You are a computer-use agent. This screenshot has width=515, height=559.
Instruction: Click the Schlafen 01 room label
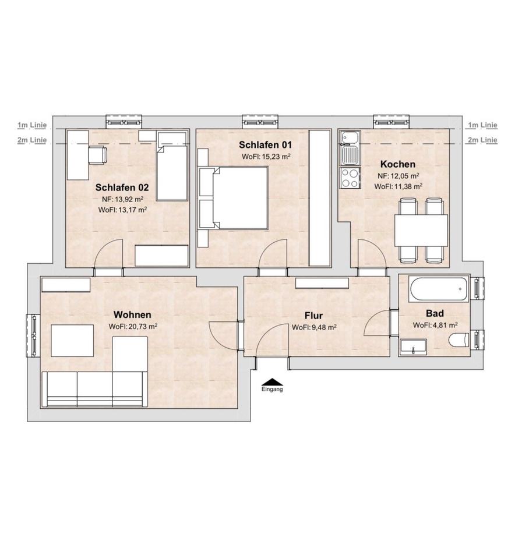(265, 145)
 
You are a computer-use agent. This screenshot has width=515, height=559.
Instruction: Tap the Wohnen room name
(132, 315)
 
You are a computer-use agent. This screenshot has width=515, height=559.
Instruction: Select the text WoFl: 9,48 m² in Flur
(314, 327)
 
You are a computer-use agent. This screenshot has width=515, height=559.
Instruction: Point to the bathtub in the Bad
(438, 289)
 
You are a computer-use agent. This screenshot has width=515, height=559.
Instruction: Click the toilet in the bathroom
(458, 339)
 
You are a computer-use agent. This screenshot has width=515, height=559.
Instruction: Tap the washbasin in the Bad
(414, 347)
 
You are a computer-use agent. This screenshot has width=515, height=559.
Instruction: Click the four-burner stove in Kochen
(350, 178)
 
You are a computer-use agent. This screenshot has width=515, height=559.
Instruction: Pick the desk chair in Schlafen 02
(97, 155)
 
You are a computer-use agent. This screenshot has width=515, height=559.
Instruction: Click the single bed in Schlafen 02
(172, 167)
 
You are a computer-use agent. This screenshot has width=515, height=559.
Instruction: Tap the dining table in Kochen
(421, 231)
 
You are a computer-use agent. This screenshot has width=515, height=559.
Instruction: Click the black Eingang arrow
(271, 382)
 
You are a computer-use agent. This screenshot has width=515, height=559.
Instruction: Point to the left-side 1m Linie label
(32, 125)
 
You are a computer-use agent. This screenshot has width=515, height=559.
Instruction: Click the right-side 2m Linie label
(482, 140)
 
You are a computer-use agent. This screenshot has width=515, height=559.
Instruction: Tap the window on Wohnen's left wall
(34, 335)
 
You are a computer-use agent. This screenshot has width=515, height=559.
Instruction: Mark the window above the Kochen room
(391, 122)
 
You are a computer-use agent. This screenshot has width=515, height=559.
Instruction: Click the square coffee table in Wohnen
(72, 341)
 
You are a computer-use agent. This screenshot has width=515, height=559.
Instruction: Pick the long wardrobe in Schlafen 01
(320, 198)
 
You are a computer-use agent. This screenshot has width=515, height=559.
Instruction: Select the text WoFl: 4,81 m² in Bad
(435, 325)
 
